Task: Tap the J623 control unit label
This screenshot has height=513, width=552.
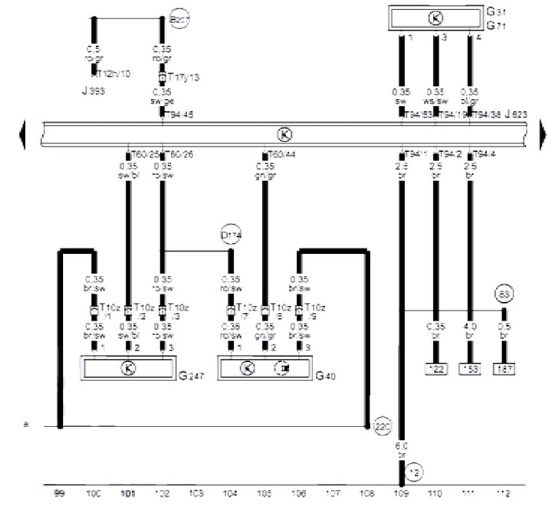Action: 518,113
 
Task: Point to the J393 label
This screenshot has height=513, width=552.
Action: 93,90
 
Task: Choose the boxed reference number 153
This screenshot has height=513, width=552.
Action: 470,368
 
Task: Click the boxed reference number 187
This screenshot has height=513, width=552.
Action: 504,368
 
